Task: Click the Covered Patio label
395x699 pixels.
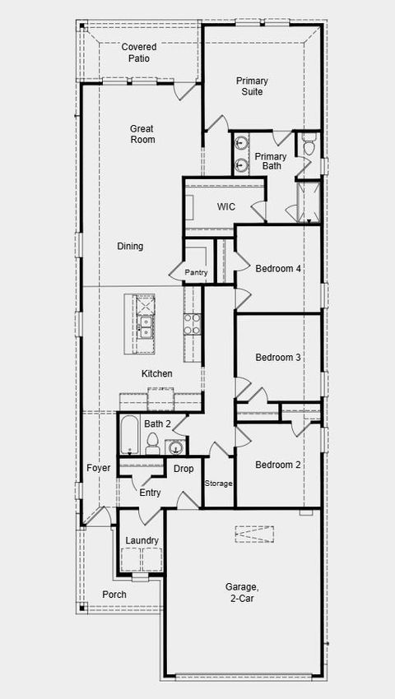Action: pos(139,53)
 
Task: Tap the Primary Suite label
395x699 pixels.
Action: pos(253,86)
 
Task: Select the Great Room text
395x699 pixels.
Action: pos(142,134)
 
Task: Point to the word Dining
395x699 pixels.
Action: pos(130,246)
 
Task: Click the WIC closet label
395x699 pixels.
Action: pos(227,207)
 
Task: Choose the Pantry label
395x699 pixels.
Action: pos(197,273)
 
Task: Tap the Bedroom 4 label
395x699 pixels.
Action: pos(278,269)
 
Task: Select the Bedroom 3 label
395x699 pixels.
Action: pos(278,358)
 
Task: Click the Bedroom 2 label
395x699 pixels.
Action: pos(278,465)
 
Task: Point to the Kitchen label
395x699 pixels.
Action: pos(157,374)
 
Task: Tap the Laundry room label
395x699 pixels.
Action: pos(142,540)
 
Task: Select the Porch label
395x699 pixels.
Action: pos(114,595)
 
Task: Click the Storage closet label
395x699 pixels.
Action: pos(219,484)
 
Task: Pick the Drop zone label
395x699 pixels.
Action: pos(184,469)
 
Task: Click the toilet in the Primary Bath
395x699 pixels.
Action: pos(309,147)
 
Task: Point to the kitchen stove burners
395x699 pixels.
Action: pos(192,324)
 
